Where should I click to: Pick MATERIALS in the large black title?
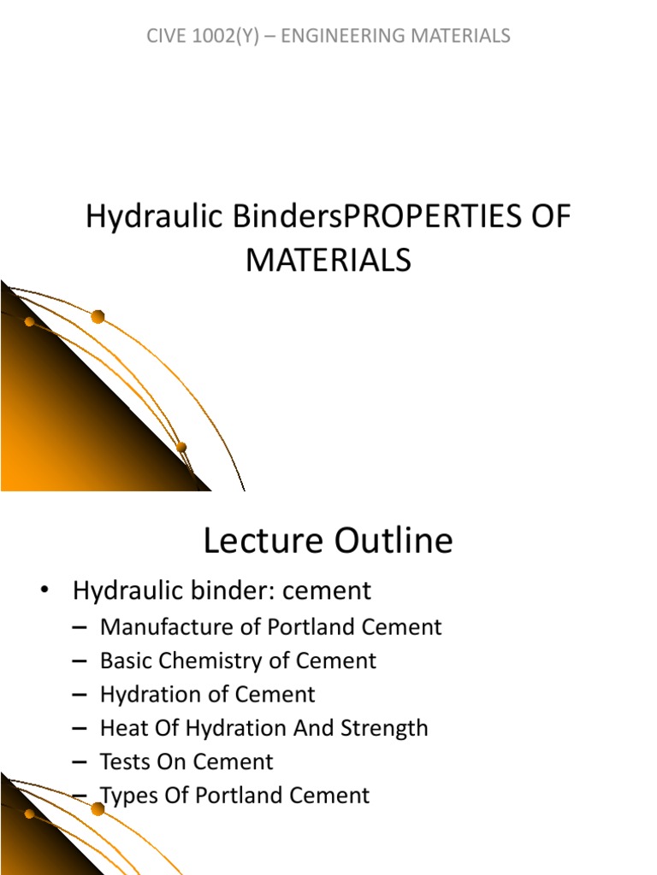click(328, 260)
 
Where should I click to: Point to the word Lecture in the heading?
click(263, 540)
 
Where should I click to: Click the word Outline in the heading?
click(394, 540)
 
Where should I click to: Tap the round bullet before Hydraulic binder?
click(44, 590)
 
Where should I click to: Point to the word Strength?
click(384, 728)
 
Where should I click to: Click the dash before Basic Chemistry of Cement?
click(80, 661)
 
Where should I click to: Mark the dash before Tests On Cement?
click(80, 762)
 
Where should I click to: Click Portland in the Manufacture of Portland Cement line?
click(317, 626)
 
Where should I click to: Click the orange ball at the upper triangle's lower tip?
click(181, 447)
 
